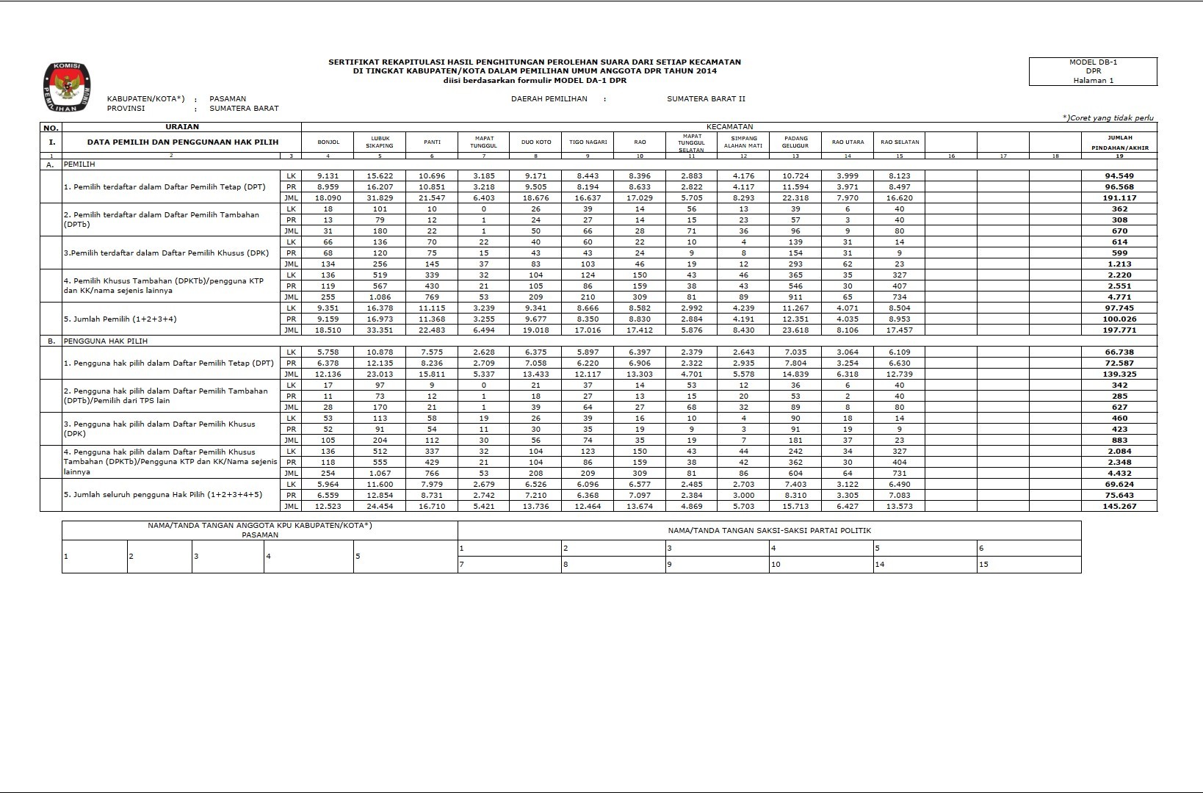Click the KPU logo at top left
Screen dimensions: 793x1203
pos(67,87)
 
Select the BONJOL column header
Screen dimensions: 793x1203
pos(328,142)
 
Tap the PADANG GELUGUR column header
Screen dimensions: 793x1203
pos(795,142)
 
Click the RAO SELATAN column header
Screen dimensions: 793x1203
pos(900,142)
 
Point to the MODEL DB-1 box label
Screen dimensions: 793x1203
pos(1093,63)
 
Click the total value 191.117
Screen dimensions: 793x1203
pos(1119,198)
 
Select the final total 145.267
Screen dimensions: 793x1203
pos(1119,507)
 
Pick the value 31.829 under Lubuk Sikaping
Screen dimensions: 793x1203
pos(380,198)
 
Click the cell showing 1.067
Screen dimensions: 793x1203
pos(380,474)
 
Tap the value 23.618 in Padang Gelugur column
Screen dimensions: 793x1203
pos(795,330)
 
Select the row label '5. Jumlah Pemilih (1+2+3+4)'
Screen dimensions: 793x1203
pos(120,319)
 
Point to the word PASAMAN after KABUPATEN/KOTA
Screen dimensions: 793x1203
pos(228,98)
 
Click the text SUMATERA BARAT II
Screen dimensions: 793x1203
pos(706,98)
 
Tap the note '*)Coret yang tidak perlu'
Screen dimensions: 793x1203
pos(1108,117)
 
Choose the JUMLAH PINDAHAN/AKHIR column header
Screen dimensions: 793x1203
pos(1119,142)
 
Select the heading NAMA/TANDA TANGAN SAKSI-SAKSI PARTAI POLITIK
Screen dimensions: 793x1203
pos(769,530)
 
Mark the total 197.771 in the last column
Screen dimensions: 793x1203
pos(1119,330)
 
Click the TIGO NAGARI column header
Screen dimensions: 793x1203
pos(588,142)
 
